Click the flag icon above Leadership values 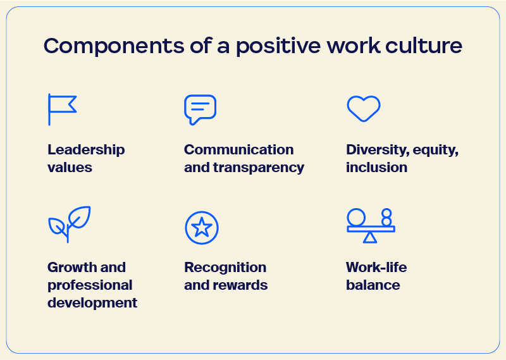tap(62, 109)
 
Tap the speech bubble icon tap(200, 109)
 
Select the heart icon tap(363, 109)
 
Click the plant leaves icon tap(70, 223)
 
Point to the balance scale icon tap(371, 226)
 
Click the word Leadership tap(86, 150)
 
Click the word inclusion tap(376, 168)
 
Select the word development tap(92, 302)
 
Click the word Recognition tap(225, 267)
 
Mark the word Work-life tap(376, 267)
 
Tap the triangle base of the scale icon tap(370, 237)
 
